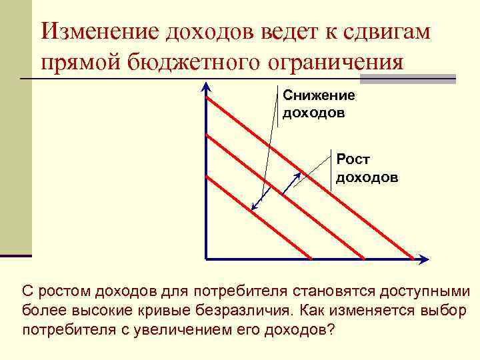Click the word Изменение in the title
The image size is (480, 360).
click(x=99, y=31)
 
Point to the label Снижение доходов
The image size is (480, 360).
click(x=319, y=103)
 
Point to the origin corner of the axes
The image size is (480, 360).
click(x=207, y=258)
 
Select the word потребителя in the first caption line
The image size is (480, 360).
click(x=235, y=291)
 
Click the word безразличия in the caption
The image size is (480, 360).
click(x=247, y=311)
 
